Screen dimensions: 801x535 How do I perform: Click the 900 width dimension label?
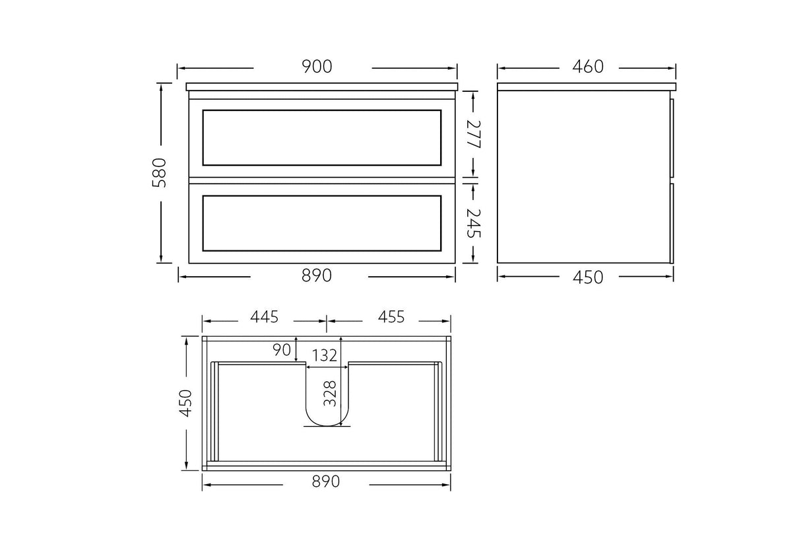317,67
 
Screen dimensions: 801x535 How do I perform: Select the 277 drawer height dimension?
474,134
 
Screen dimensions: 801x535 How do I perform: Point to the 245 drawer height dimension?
474,223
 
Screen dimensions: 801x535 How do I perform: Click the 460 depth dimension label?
588,67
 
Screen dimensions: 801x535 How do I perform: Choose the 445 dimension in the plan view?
265,316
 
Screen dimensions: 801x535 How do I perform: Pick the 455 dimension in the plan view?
391,316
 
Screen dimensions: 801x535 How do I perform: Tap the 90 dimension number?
282,350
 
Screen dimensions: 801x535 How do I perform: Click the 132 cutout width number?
325,355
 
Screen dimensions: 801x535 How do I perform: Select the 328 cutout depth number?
330,394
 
